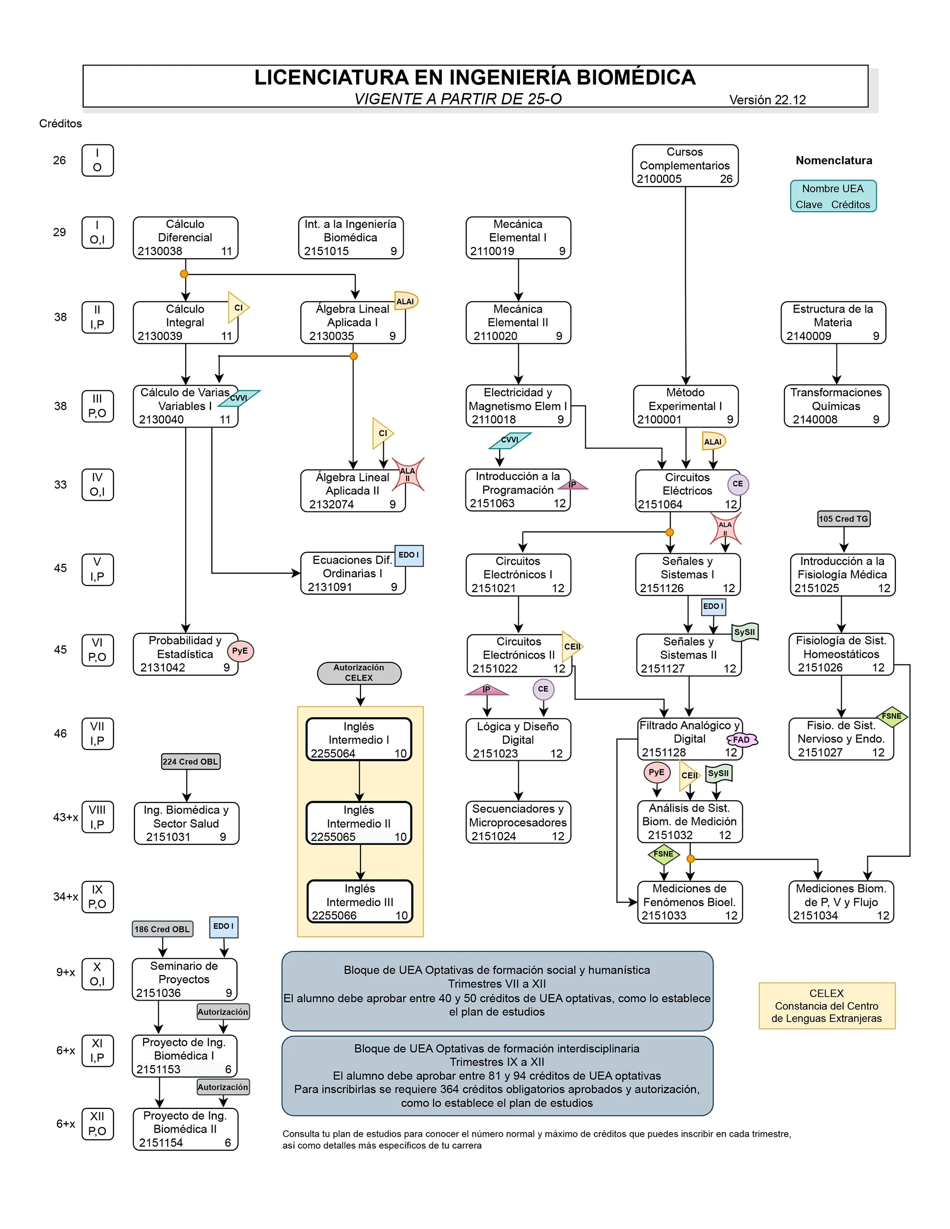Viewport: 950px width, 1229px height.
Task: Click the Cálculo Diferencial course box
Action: [185, 237]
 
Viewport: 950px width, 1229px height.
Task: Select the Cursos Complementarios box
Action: [685, 165]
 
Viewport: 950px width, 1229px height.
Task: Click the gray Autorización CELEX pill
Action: [359, 672]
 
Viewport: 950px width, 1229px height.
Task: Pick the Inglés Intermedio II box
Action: [359, 822]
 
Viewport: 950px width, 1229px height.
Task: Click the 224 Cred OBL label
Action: [190, 761]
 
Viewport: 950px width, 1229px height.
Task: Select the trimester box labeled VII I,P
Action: [97, 733]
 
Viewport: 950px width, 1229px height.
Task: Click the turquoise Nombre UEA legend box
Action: [833, 196]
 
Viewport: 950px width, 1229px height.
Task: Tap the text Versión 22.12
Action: [767, 100]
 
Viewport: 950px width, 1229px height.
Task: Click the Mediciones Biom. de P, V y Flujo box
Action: [841, 901]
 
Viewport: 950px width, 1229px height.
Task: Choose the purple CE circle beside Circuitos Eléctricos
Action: [737, 484]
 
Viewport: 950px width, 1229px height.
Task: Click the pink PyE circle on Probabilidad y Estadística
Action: [240, 651]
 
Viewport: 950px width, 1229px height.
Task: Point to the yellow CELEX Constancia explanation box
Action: [826, 1006]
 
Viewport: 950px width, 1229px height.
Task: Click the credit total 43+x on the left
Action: [65, 817]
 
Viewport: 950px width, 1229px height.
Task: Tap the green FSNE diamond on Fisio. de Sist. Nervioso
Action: [892, 716]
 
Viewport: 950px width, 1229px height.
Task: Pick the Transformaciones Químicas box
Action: [836, 406]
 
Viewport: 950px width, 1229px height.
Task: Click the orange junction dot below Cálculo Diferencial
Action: [184, 274]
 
